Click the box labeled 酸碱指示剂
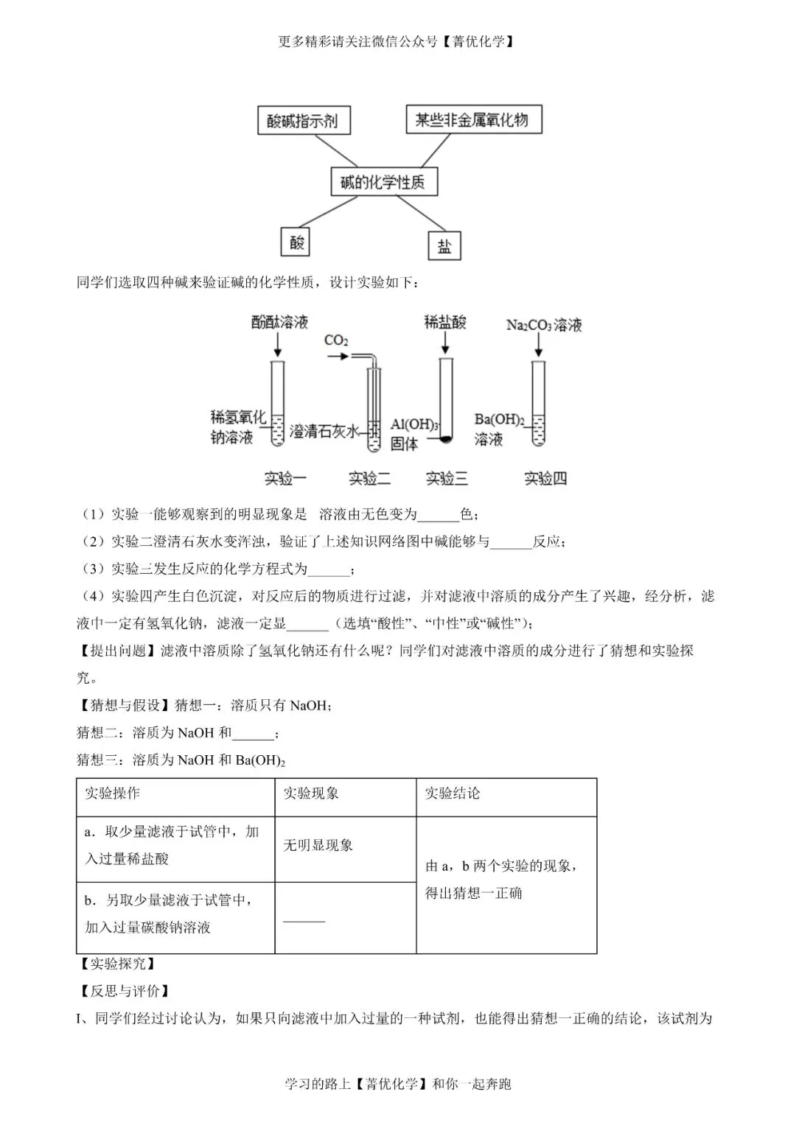pos(303,120)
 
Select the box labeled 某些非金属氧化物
pos(473,119)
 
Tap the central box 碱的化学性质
pos(383,182)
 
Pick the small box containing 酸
pos(296,242)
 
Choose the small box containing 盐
pos(444,246)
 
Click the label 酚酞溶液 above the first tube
pos(279,322)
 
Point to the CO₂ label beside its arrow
pos(336,340)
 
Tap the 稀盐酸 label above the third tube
pos(445,322)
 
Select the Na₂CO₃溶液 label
pos(544,325)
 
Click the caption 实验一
pos(285,478)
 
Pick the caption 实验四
pos(545,478)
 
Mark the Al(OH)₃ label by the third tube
pos(414,424)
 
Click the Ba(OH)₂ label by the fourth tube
pos(499,419)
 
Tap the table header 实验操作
pos(112,793)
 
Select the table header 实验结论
pos(452,793)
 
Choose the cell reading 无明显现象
pos(318,845)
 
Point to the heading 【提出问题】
pos(118,651)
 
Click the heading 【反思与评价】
pos(123,991)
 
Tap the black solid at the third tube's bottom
pos(445,440)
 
